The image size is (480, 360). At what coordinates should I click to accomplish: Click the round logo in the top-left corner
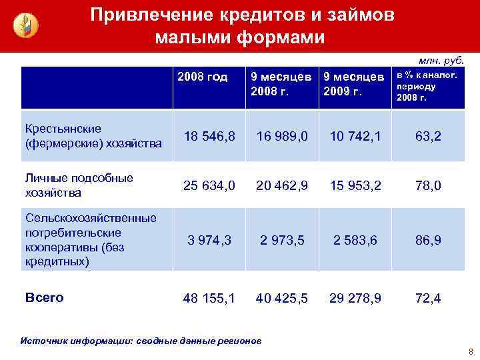26,25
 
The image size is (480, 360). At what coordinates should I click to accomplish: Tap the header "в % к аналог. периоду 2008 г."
427,87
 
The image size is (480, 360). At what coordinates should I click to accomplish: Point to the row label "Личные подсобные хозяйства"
79,185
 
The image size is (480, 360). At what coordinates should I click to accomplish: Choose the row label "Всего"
44,297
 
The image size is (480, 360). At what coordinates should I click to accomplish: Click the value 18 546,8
209,136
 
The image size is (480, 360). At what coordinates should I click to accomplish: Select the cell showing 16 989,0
282,136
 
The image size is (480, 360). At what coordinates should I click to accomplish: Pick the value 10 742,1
355,136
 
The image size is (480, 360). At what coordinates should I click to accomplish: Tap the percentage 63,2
428,136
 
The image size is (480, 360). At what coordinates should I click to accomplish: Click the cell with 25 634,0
209,185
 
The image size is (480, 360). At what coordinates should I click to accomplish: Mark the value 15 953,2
355,185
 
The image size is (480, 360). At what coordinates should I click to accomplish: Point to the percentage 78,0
428,185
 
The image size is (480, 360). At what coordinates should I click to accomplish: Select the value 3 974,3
209,240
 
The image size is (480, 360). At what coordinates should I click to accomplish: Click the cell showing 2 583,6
355,240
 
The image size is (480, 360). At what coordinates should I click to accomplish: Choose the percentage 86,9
428,240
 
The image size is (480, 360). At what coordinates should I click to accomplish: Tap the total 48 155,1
209,298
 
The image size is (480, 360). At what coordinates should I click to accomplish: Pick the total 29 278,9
355,298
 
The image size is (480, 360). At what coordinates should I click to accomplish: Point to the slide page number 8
470,351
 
